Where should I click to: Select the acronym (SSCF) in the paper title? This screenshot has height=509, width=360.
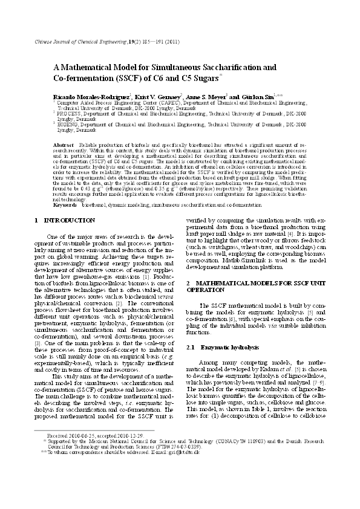click(116, 79)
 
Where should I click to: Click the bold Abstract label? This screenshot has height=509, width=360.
click(64, 146)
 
